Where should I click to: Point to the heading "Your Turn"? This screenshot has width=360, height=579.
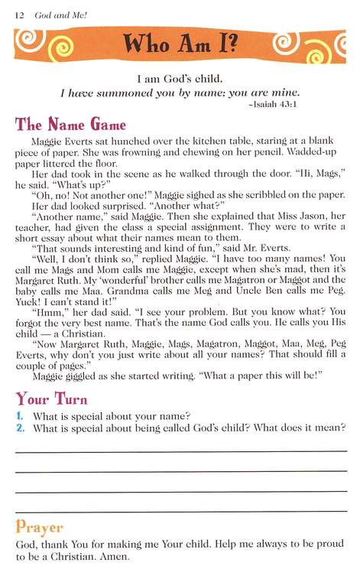coord(51,398)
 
